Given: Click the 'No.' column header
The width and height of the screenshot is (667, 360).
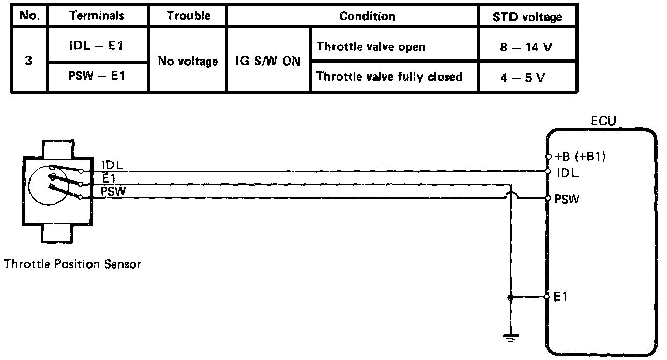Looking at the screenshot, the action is pos(28,16).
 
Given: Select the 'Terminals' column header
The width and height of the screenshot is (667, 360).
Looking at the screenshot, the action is pos(97,16).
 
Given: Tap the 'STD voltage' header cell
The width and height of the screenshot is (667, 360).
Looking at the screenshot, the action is pos(527,17).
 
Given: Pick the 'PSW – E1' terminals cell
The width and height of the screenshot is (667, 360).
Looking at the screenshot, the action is pos(97,77).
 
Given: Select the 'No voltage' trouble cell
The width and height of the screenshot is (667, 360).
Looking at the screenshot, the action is pos(188,62).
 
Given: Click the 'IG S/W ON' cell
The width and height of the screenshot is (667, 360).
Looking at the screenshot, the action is pos(268,62).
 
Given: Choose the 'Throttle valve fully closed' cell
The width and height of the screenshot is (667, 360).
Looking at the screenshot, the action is pos(389,77).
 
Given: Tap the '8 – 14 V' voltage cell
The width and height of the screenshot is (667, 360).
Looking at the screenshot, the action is pos(527,47).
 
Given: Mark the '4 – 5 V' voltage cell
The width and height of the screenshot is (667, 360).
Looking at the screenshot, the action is pos(527,78).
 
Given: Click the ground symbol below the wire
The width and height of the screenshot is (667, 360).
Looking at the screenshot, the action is pos(510,336).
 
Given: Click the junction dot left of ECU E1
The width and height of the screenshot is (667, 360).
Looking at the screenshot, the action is pos(510,297).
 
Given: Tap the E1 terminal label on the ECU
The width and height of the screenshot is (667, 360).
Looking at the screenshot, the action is pos(560,297).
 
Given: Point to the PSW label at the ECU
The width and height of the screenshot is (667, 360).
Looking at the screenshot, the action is pos(566,199).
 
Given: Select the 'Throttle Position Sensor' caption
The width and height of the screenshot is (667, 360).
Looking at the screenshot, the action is pos(72,264).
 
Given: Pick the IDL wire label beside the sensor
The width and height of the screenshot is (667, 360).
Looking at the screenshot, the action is pos(112,165).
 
